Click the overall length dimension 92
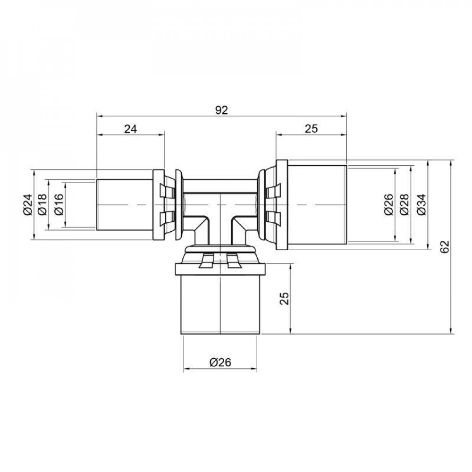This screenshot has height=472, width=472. pos(221,110)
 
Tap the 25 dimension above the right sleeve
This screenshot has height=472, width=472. pos(311,128)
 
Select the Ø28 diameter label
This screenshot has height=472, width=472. pos(405,204)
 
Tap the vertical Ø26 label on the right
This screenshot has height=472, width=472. pos(388,204)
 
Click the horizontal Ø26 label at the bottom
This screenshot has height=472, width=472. pos(220,362)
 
